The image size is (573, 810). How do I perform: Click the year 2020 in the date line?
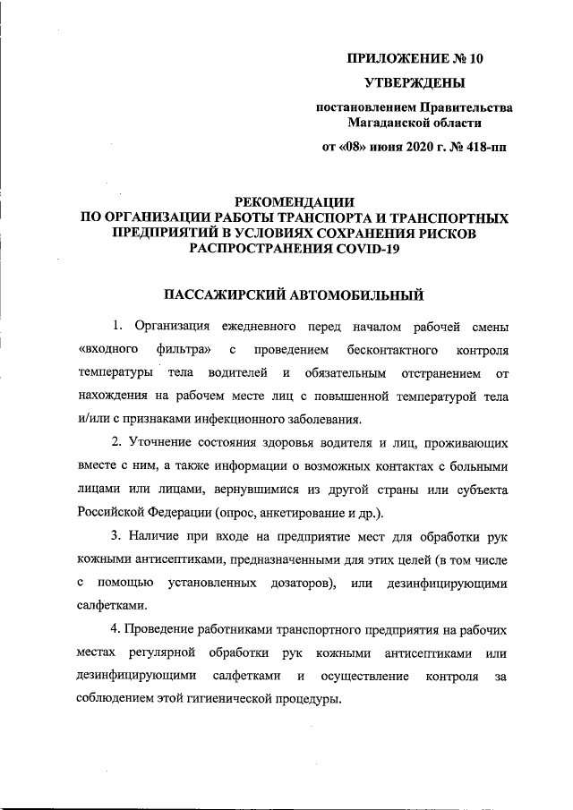click(406, 147)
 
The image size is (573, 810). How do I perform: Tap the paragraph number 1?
click(116, 324)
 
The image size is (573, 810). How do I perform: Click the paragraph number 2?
click(116, 443)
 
